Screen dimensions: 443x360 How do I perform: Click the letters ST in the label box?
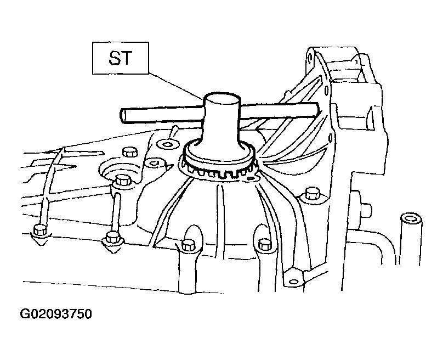(120, 58)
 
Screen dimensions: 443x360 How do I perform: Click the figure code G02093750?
(56, 314)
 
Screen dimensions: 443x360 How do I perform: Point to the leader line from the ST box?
(175, 86)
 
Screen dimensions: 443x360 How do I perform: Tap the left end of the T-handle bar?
(123, 116)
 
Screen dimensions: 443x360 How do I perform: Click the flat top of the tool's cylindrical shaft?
(222, 99)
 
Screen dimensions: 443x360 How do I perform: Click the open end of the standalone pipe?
(411, 219)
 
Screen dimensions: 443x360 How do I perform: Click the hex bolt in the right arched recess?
(264, 245)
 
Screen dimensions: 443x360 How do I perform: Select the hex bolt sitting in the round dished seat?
(122, 181)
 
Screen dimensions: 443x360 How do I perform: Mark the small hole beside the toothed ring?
(251, 178)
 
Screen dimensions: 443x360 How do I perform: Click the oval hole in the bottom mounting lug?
(294, 282)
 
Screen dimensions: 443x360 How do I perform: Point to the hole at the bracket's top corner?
(310, 58)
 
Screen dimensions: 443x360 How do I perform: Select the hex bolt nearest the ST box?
(130, 152)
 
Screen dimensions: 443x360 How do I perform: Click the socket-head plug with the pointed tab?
(154, 163)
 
